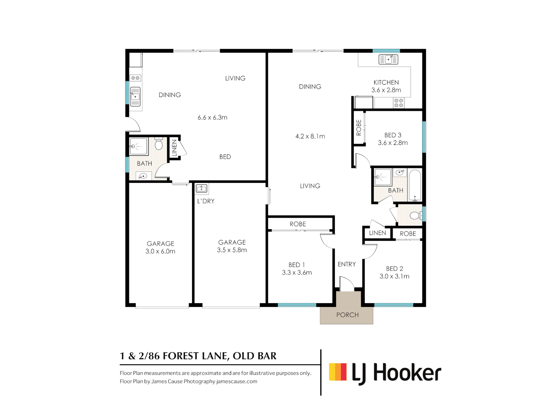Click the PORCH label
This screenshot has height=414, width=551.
(x=347, y=315)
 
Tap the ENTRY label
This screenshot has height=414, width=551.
(x=347, y=264)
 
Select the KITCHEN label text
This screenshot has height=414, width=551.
(x=386, y=82)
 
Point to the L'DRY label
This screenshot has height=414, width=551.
(x=206, y=201)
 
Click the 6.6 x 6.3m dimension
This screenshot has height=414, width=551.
(x=212, y=117)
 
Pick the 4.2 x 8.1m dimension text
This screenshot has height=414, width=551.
(x=310, y=136)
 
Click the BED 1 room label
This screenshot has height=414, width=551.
(x=297, y=265)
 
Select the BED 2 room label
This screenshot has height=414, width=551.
(x=394, y=269)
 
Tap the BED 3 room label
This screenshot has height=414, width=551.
(x=393, y=135)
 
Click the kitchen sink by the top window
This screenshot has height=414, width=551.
(x=388, y=59)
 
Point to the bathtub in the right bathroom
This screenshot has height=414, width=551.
(x=415, y=186)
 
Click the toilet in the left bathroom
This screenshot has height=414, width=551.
(x=159, y=144)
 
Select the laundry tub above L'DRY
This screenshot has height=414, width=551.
(x=201, y=189)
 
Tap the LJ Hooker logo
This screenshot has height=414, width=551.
(x=385, y=373)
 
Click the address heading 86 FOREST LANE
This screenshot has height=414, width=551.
(x=198, y=356)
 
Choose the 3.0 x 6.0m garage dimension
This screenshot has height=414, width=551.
(x=160, y=251)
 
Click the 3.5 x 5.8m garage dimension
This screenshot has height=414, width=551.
(x=232, y=250)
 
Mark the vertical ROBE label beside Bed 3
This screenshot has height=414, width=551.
(x=359, y=128)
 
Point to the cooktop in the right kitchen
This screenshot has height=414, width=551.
(x=399, y=103)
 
